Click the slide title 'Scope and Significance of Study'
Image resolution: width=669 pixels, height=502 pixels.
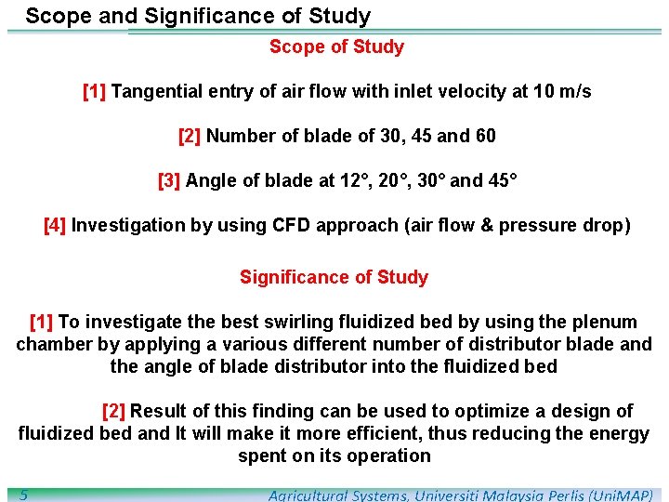point(198,16)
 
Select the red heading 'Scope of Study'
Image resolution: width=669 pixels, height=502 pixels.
point(336,46)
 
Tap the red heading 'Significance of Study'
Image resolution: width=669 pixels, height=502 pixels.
point(334,277)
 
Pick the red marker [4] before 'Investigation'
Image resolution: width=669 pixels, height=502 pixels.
point(55,225)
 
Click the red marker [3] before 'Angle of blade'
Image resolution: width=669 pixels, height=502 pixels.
point(169,180)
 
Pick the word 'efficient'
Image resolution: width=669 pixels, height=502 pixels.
point(405,433)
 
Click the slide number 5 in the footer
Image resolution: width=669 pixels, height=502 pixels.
point(23,495)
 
